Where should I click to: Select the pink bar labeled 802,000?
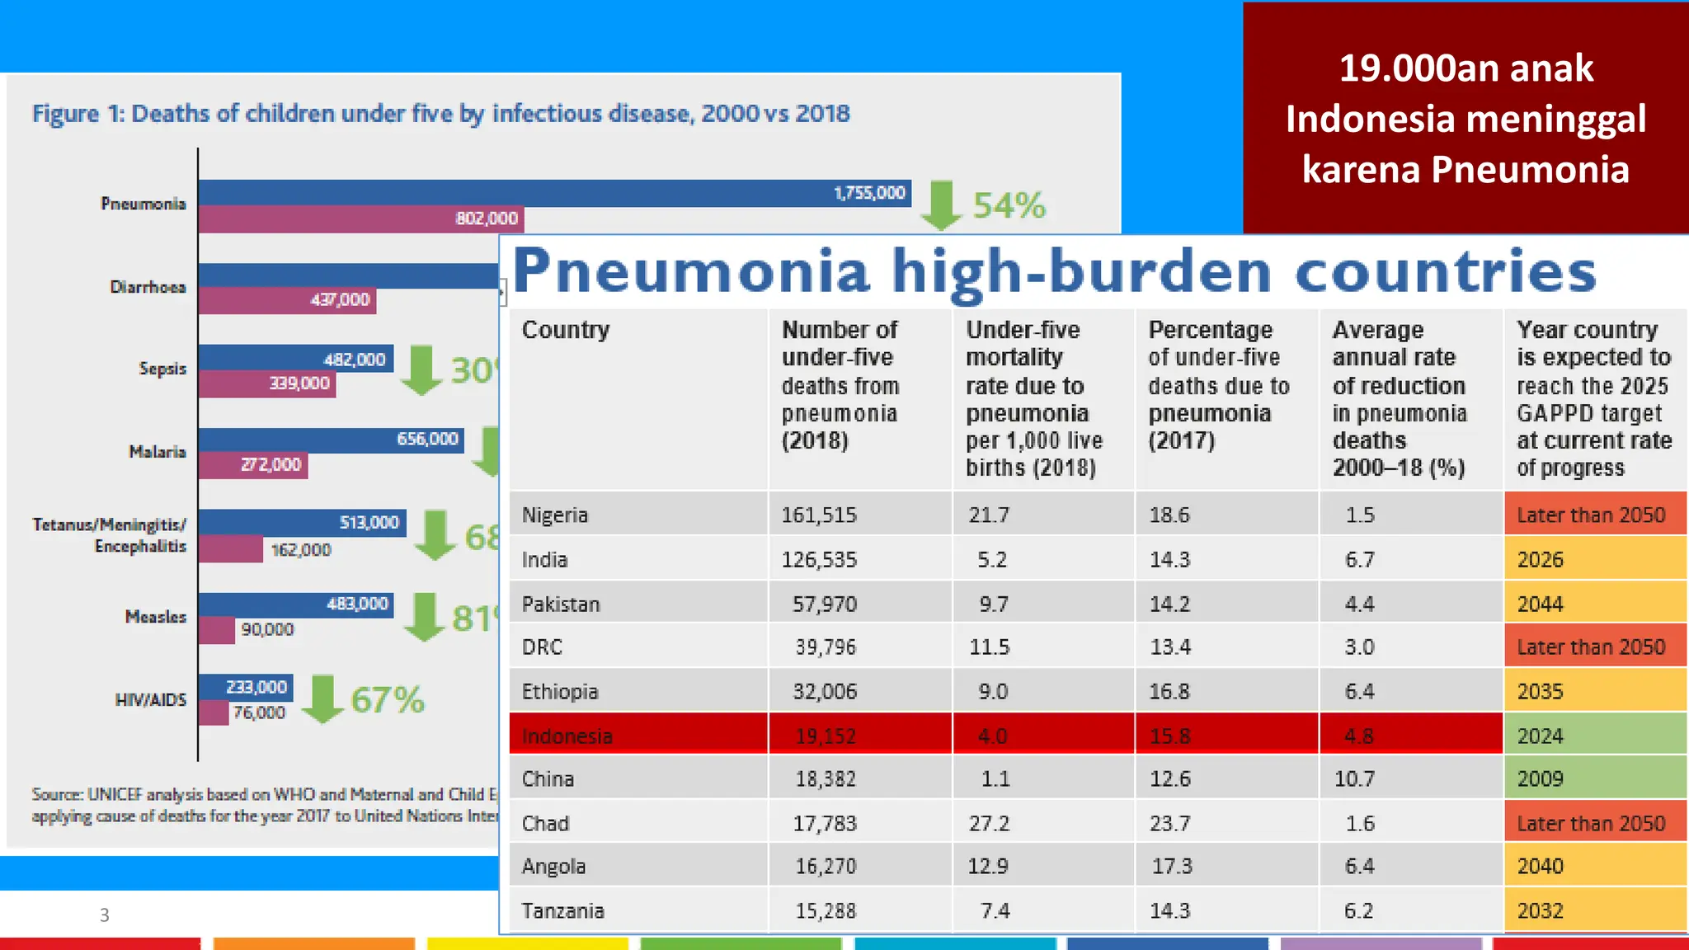[x=360, y=219]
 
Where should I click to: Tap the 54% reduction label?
[x=1009, y=205]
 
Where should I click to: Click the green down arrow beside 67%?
[x=322, y=698]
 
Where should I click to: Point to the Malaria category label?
[x=157, y=452]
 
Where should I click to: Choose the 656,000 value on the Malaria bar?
[x=427, y=439]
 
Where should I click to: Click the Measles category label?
[x=155, y=617]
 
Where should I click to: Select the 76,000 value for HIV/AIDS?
[x=259, y=712]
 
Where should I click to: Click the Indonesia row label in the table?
[x=567, y=736]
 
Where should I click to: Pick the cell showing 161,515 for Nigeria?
[x=819, y=515]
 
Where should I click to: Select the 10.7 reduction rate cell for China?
[x=1353, y=779]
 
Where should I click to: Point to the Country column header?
[x=566, y=330]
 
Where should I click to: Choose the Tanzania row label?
[x=562, y=910]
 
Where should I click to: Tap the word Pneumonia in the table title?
[x=691, y=271]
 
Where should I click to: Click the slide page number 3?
[x=104, y=915]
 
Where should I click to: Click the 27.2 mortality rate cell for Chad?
[x=989, y=823]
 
